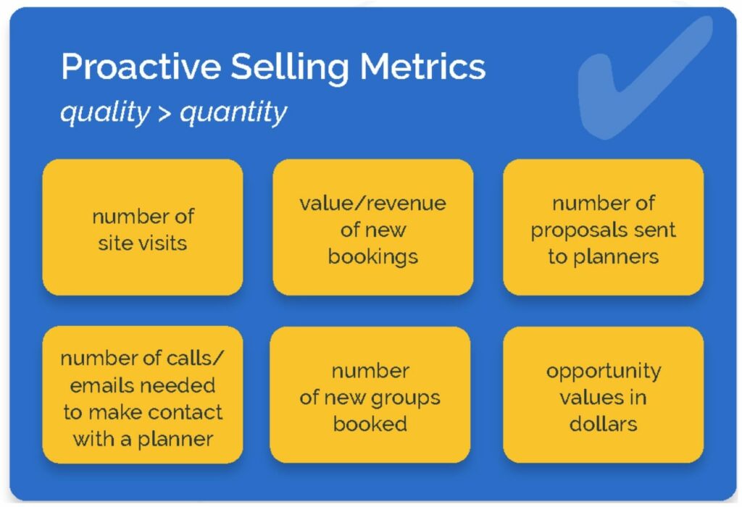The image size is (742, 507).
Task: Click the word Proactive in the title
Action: (x=141, y=66)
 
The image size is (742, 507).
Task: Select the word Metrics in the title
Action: (x=422, y=66)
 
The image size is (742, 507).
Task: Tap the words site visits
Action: (x=143, y=243)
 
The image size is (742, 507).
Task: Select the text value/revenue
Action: (x=373, y=204)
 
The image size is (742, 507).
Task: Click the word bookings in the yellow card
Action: (x=373, y=257)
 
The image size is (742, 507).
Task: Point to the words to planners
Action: (x=604, y=257)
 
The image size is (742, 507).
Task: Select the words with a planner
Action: (x=143, y=440)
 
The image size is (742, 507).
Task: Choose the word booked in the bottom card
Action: (x=370, y=424)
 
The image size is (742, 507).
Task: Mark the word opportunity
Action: (x=604, y=372)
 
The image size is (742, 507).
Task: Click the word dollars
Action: (x=604, y=424)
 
